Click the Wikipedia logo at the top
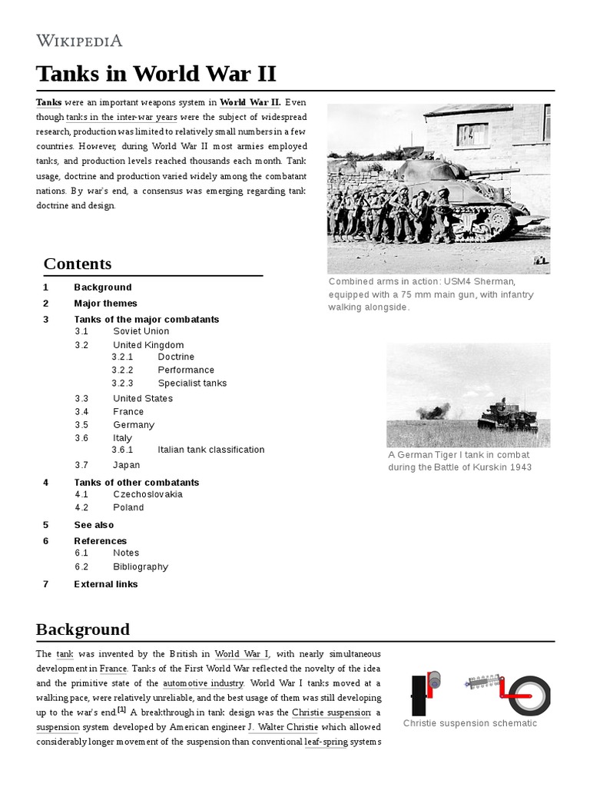tap(79, 41)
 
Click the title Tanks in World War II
tap(156, 75)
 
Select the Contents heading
tap(78, 264)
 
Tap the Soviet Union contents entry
tap(141, 331)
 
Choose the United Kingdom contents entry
tap(148, 345)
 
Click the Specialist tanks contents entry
tap(192, 383)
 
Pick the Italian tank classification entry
tap(210, 450)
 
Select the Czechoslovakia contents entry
tap(147, 494)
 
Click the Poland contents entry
tap(128, 507)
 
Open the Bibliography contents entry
tap(141, 566)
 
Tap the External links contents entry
tap(106, 584)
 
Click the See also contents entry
tap(94, 525)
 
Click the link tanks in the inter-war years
tap(121, 118)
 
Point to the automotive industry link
tap(204, 683)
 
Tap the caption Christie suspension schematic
tap(470, 723)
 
